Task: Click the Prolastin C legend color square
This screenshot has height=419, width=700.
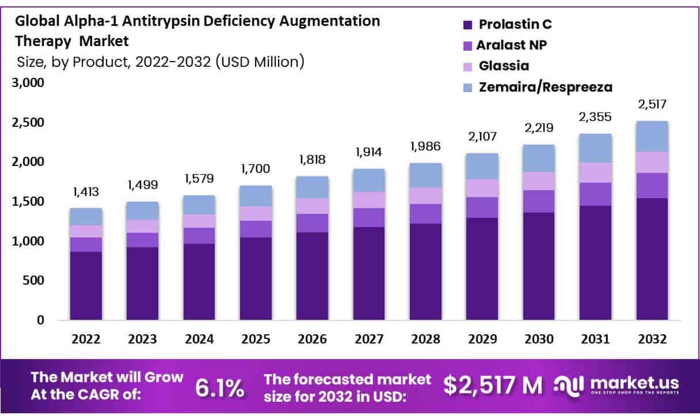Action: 467,25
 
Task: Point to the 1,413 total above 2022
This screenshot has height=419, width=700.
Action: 85,191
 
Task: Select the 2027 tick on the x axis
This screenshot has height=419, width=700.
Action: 368,339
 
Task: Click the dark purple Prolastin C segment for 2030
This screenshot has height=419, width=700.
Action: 538,265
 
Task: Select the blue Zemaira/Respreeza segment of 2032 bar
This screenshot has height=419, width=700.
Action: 652,136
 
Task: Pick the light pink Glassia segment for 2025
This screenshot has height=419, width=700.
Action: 255,213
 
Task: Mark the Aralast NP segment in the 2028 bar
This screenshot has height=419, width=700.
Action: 425,214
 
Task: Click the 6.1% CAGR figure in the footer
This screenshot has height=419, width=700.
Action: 219,388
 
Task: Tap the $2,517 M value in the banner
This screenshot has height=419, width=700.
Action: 493,385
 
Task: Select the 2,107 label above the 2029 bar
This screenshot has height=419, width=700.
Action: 482,137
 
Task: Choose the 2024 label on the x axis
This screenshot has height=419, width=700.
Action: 199,339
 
